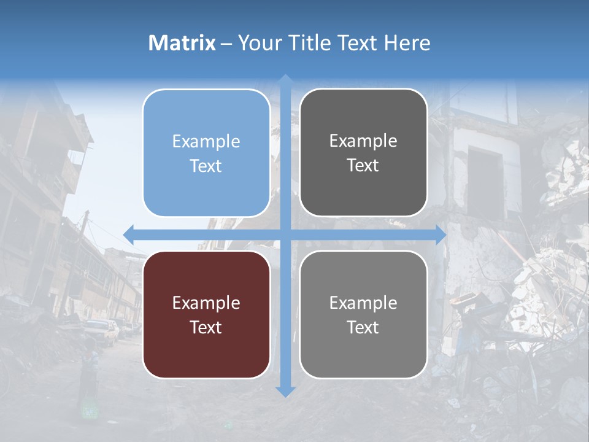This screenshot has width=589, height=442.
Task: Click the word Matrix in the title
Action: [182, 43]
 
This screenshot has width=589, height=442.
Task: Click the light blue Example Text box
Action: [206, 153]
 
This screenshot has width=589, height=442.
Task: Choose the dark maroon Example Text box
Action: [206, 314]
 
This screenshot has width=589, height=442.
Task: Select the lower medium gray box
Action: [363, 314]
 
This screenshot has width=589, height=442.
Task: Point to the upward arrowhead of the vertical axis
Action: [285, 80]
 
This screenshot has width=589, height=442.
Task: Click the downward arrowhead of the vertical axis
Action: [285, 391]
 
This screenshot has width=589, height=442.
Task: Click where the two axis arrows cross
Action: [285, 235]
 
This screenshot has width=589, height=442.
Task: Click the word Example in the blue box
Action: [206, 142]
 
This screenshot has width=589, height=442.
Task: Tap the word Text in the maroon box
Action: [206, 327]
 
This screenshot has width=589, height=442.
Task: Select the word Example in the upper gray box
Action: [363, 141]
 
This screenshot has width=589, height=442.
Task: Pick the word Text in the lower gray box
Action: [363, 327]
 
